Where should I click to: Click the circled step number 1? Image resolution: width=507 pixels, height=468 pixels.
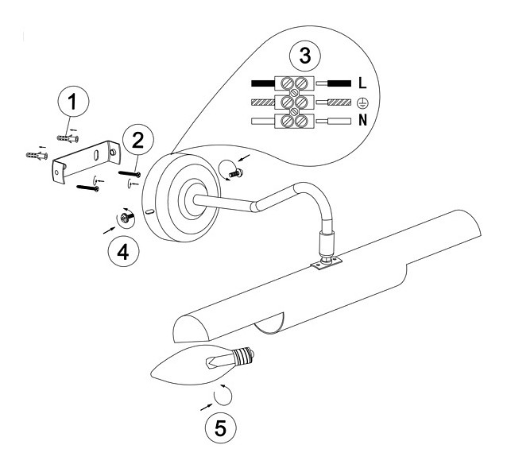[73, 102]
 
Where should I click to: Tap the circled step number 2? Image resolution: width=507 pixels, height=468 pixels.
[137, 140]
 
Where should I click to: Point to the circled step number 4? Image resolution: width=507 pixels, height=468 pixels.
[123, 251]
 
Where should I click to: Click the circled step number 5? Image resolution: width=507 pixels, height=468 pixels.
[219, 427]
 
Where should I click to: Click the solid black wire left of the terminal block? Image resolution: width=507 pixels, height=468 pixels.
[262, 83]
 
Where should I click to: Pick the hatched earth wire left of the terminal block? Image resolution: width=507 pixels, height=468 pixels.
[262, 102]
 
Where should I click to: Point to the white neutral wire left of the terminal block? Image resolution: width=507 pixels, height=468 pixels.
[262, 122]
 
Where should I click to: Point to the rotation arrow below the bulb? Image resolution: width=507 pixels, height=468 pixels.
[226, 395]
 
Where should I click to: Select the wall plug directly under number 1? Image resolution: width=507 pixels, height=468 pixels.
[67, 136]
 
